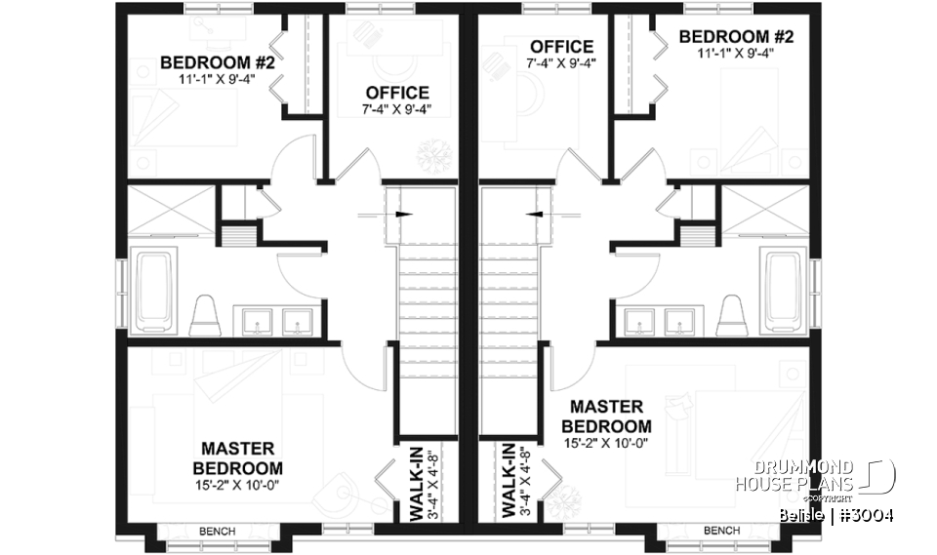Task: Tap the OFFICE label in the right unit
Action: pyautogui.click(x=561, y=47)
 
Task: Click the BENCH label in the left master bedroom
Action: pyautogui.click(x=216, y=531)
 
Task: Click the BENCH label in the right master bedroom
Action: pyautogui.click(x=720, y=531)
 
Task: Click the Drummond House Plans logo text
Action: pyautogui.click(x=794, y=476)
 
